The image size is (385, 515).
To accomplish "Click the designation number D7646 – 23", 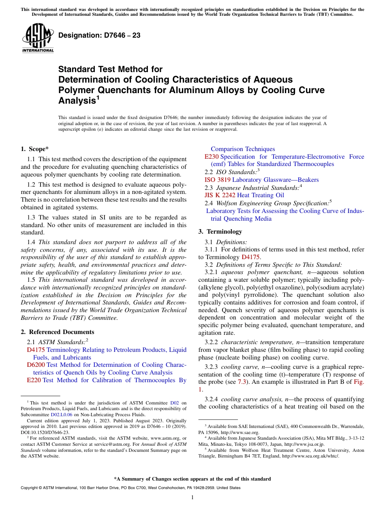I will pyautogui.click(x=99, y=35).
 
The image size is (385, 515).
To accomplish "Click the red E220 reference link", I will pyautogui.click(x=34, y=380).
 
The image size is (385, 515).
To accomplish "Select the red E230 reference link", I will pyautogui.click(x=212, y=157).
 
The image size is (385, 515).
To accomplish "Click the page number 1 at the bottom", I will pyautogui.click(x=192, y=498).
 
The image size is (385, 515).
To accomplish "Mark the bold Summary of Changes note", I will pyautogui.click(x=192, y=479).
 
